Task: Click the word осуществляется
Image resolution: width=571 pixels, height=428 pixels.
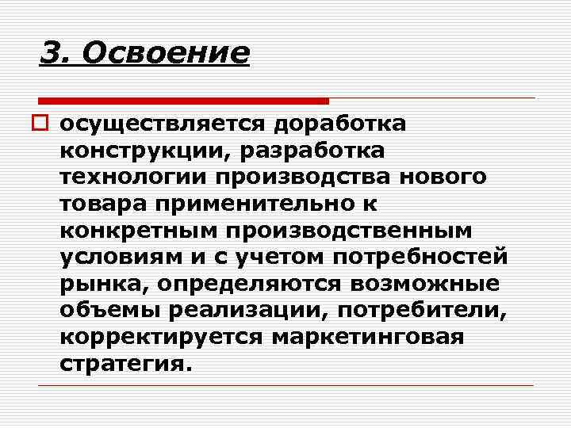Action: pos(163,124)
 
